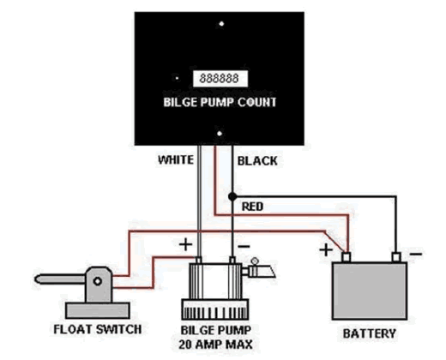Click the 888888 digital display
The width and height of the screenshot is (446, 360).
coord(220,79)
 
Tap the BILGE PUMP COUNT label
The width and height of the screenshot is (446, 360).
coord(220,102)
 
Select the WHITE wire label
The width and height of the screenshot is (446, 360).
coord(176,159)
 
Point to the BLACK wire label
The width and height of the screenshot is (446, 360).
coord(257,161)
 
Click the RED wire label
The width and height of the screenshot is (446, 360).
coord(252,207)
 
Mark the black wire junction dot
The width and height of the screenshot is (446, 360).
coord(232,196)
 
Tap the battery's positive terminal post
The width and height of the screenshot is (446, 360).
coord(347,257)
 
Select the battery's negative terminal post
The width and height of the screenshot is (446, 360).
coord(396,257)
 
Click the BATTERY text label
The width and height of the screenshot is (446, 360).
coord(370,333)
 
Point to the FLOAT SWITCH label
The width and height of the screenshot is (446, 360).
coord(98,329)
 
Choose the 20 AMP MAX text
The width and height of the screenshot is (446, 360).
coord(216,345)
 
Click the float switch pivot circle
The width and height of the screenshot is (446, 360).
coord(98,281)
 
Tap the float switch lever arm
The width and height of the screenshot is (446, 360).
coord(60,279)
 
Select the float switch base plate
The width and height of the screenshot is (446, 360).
coord(98,310)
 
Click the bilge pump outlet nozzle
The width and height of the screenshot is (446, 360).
coord(259,271)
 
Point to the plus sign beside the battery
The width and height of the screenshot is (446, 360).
coord(326,250)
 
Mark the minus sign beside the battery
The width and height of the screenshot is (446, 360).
coord(416,254)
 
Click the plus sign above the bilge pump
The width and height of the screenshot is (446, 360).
coord(185,245)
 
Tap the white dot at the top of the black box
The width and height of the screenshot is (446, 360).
coord(221,24)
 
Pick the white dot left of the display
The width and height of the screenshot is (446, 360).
coord(178,78)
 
